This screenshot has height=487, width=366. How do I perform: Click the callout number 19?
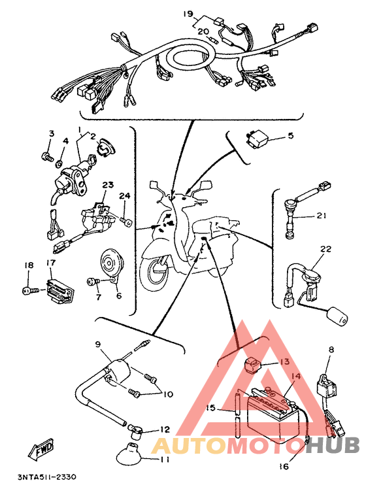tap(188, 14)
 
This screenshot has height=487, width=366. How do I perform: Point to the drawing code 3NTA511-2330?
tap(46, 477)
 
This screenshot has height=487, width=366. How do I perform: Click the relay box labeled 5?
tap(257, 139)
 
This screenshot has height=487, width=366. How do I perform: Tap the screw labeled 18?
tap(31, 291)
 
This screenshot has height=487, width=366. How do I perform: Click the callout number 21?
tap(321, 215)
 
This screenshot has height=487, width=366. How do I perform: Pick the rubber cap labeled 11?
tap(131, 452)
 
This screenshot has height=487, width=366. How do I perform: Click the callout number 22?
tap(325, 249)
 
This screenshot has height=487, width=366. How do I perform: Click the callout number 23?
tap(108, 185)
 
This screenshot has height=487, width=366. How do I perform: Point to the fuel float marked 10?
tap(337, 317)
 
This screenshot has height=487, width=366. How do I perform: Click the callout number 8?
tap(331, 350)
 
